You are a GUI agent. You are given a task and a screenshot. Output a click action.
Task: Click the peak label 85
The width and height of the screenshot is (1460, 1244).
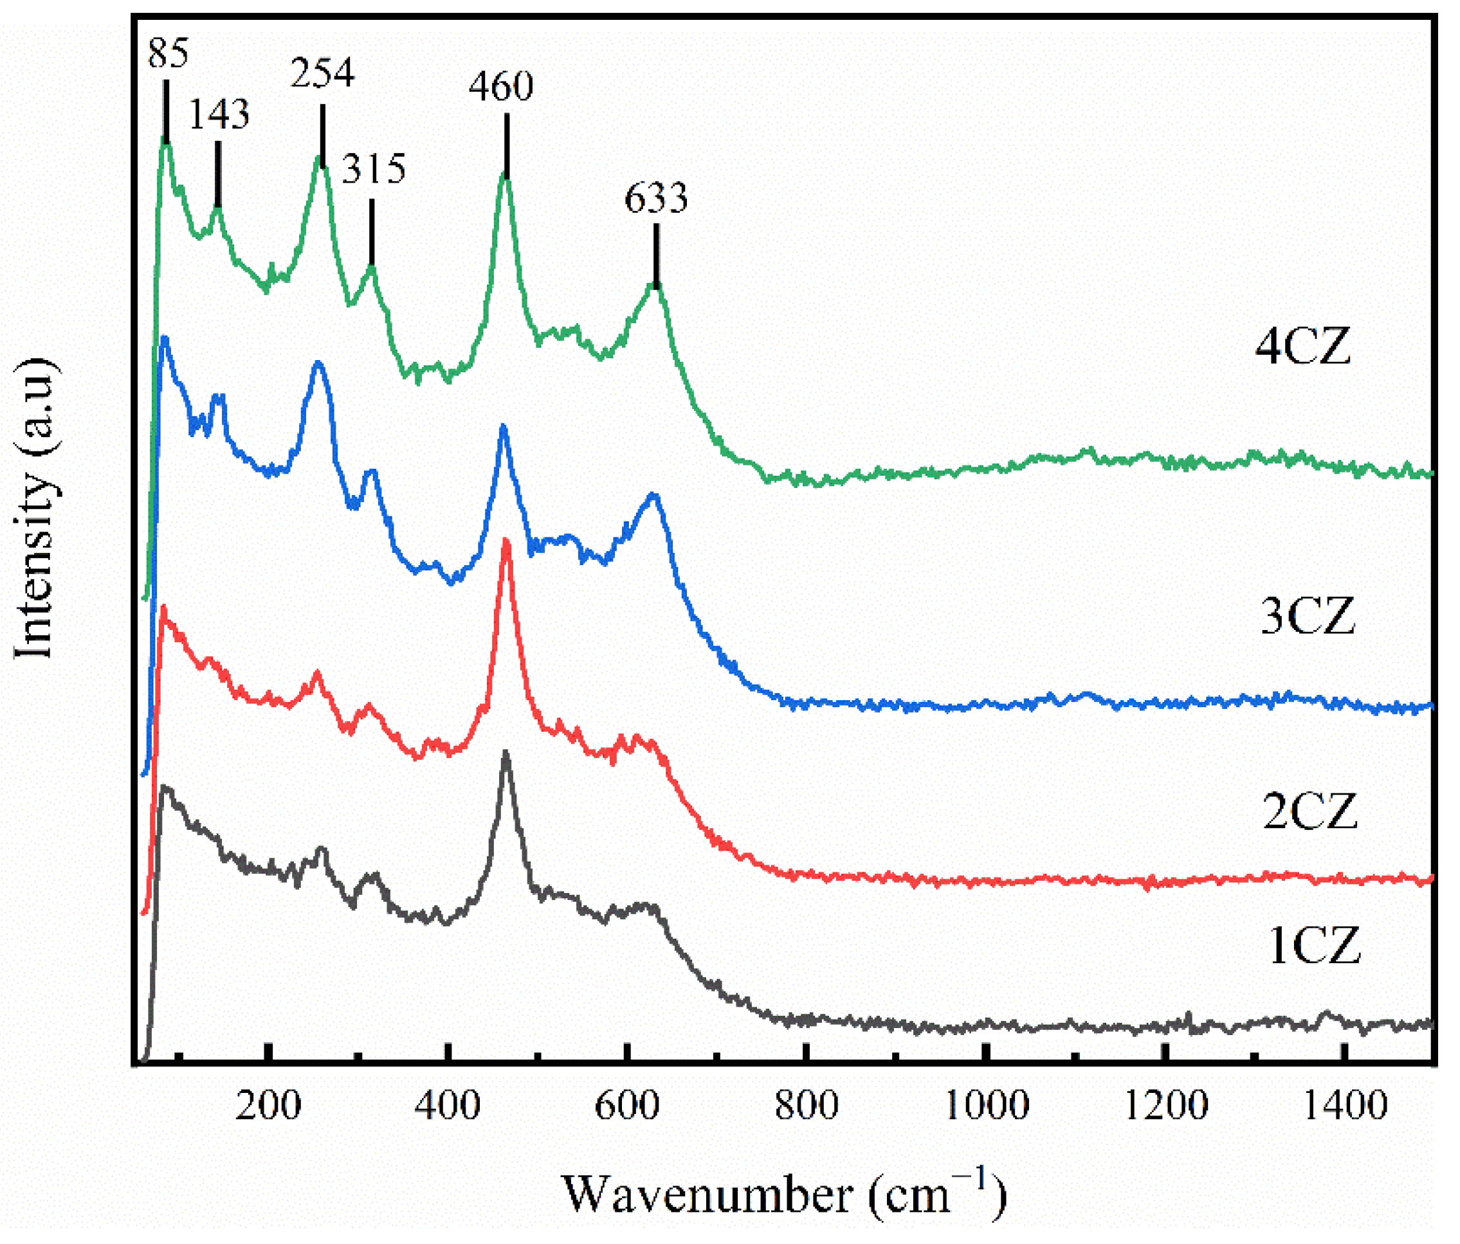pos(168,53)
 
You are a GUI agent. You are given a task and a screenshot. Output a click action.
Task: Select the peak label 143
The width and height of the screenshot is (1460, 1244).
pos(219,114)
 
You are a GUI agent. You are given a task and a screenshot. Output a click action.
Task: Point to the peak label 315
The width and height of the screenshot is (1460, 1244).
pos(374,169)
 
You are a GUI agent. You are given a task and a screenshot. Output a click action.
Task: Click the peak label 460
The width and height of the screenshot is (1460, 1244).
pos(501,87)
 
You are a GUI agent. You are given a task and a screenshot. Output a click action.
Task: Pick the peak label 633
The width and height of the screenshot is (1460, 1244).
pos(655,198)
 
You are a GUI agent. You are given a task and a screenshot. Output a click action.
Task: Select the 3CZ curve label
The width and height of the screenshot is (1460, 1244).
pos(1307,617)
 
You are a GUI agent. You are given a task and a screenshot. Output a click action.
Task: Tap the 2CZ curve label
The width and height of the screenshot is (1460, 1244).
pos(1309,811)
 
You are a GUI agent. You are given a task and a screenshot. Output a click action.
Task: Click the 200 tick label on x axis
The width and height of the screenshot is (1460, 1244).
pos(268,1105)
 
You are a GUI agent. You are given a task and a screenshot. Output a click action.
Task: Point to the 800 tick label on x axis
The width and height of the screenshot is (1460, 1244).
pos(806,1105)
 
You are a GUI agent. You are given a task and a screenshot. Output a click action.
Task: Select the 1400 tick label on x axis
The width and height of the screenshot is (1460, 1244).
pos(1345,1105)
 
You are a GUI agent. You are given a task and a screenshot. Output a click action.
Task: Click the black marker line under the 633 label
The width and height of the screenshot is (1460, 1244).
pos(656,256)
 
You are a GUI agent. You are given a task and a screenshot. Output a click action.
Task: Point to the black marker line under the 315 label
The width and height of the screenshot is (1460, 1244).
pos(371,233)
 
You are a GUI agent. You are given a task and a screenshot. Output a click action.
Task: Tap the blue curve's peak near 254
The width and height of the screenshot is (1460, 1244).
pos(318,363)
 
